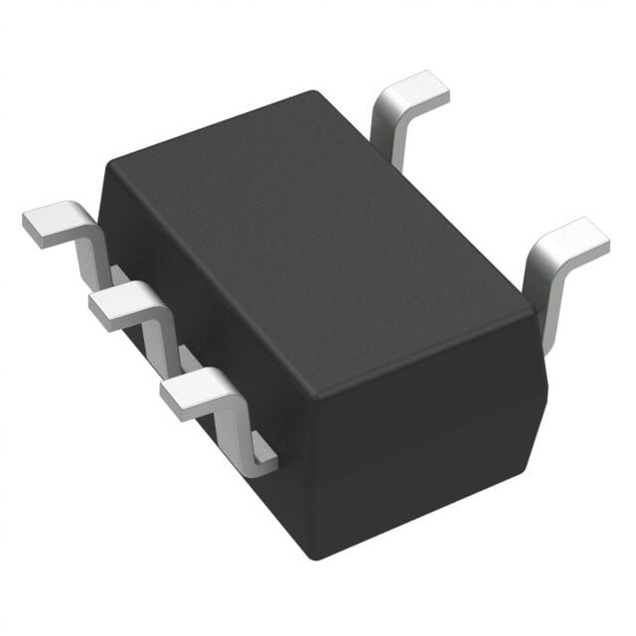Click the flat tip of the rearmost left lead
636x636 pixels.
(x=50, y=225)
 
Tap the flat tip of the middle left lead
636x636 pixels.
(x=117, y=306)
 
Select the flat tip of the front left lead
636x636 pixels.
(x=191, y=393)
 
